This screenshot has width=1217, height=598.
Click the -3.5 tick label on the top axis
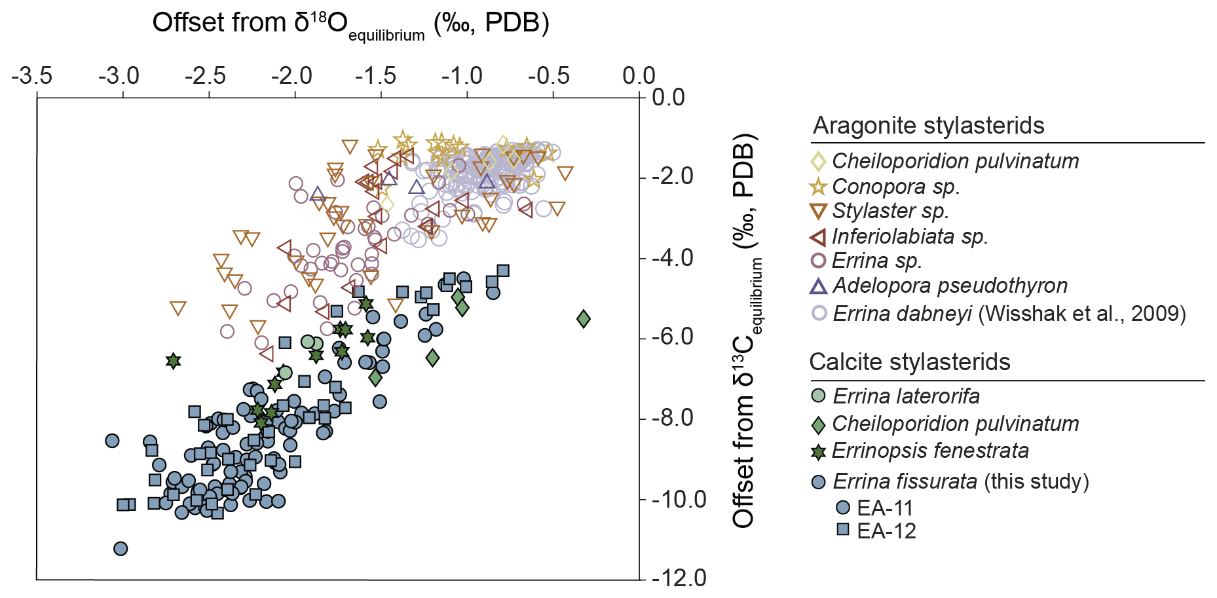[32, 76]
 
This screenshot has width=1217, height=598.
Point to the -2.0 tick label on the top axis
[291, 76]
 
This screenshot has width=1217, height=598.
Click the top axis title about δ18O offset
[350, 24]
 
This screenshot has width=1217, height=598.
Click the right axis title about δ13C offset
[745, 331]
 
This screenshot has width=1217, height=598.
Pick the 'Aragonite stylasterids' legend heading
[928, 125]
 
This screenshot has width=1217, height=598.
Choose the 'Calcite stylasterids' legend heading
[909, 362]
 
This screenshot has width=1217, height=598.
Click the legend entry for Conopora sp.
[895, 187]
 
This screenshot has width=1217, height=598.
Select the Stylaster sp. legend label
[890, 211]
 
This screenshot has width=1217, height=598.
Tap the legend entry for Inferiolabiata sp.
[909, 236]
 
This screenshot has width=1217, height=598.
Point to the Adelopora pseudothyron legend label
[950, 286]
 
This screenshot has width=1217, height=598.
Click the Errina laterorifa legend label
[906, 396]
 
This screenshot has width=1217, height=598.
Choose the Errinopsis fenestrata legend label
[930, 451]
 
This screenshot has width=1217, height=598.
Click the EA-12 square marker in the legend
[843, 529]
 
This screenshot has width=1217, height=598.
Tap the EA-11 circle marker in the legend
[843, 508]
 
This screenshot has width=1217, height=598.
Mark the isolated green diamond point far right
[584, 319]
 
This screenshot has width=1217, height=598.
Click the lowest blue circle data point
[121, 548]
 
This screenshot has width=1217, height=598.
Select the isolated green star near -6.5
[173, 361]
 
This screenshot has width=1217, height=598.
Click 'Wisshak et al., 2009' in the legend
[1082, 314]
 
